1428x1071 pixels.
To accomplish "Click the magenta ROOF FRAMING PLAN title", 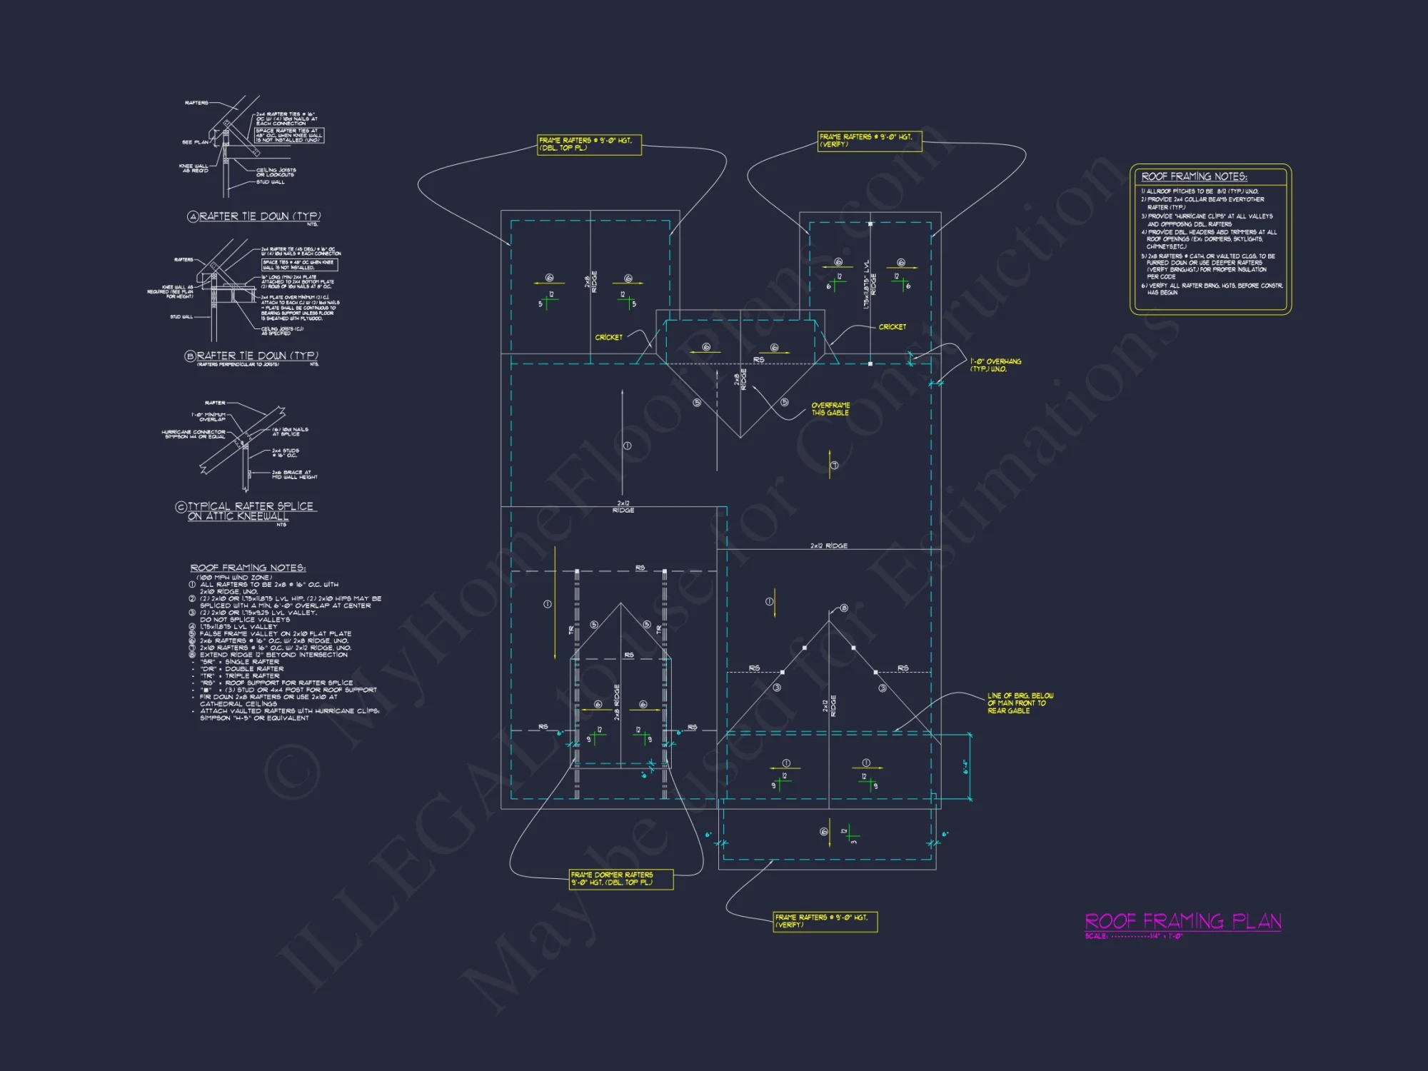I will (x=1182, y=921).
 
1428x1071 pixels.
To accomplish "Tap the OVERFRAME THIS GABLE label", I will (x=830, y=409).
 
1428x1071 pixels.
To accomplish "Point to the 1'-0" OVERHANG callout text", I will (x=995, y=365).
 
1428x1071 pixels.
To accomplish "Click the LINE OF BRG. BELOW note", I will (x=1020, y=703).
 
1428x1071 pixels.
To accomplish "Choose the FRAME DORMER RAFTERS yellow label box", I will (x=621, y=879).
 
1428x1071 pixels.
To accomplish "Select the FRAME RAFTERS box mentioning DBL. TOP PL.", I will (x=589, y=144).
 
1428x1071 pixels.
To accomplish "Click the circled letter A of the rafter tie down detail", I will (x=193, y=217).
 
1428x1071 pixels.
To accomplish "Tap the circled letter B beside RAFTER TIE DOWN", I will (x=190, y=356).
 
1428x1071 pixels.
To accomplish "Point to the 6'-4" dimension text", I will (x=965, y=767).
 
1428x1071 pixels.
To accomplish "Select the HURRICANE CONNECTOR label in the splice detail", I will (x=193, y=434).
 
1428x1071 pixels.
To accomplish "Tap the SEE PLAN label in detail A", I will (x=195, y=142).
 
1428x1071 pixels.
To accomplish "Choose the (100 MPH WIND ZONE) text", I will (x=234, y=577).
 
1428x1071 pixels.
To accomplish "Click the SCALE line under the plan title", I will (x=1133, y=936).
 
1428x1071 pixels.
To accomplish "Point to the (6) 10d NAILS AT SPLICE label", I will (x=290, y=432).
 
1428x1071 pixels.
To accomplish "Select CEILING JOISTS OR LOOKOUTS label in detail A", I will (x=276, y=172).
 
